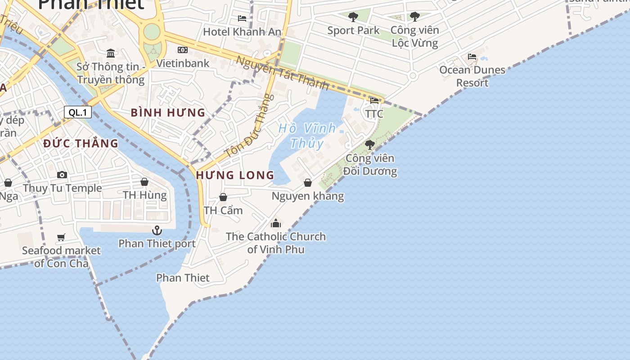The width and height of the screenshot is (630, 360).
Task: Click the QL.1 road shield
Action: [x=78, y=112]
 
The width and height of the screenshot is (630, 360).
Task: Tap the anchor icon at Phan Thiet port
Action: [x=157, y=230]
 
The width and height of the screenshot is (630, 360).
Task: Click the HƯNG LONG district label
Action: [x=235, y=175]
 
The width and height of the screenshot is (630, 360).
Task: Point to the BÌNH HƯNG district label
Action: [x=168, y=112]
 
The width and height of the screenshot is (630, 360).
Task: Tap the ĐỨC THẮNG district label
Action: [x=81, y=144]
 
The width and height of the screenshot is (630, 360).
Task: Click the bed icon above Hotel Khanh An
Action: [x=242, y=18]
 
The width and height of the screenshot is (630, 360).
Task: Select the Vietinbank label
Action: [x=183, y=63]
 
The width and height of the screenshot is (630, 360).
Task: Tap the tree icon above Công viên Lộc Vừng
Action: [x=414, y=17]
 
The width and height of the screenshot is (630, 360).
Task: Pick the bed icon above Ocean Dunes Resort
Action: [x=472, y=57]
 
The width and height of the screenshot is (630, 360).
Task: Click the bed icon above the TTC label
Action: [x=374, y=100]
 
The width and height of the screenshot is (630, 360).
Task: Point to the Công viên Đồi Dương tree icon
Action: [x=370, y=145]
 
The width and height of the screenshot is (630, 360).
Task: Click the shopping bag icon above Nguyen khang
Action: [x=308, y=183]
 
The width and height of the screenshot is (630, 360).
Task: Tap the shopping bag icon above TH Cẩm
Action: [x=223, y=197]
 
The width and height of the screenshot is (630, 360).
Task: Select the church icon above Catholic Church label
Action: [x=276, y=223]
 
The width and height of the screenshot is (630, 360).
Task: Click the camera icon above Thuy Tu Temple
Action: [x=62, y=175]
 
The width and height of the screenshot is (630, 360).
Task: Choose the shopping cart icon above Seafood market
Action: [x=61, y=237]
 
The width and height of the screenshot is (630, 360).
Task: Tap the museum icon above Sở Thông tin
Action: [x=111, y=54]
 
